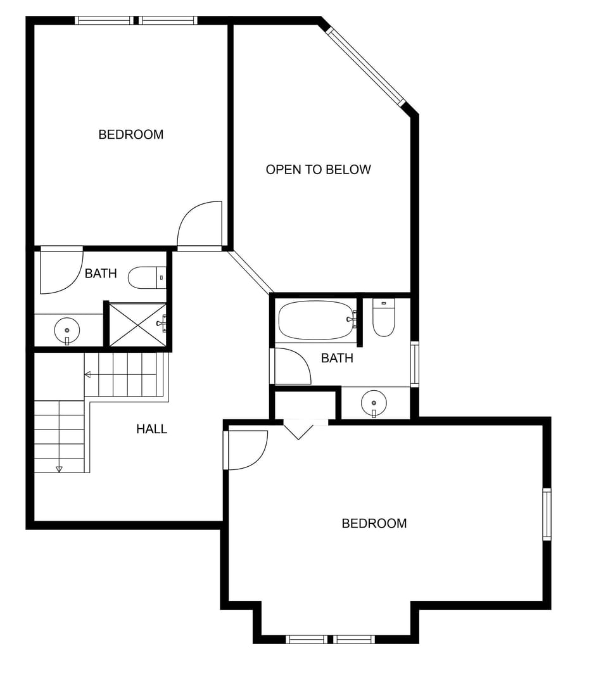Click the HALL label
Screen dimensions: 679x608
(151, 429)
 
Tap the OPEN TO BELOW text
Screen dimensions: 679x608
(318, 169)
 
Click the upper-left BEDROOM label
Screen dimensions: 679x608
(130, 134)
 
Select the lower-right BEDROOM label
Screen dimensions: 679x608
(374, 523)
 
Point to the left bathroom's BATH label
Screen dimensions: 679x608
(101, 274)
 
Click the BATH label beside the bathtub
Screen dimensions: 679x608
(337, 358)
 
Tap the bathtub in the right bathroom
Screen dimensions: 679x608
(315, 320)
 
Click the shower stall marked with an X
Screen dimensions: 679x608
(137, 325)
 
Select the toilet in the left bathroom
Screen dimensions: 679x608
(146, 277)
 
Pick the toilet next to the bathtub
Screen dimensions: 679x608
(384, 317)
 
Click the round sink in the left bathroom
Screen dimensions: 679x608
(66, 330)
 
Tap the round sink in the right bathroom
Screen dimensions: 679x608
(374, 402)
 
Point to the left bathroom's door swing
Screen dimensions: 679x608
(61, 272)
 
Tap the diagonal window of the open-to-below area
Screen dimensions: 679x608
(365, 67)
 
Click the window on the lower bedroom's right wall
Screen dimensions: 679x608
(547, 514)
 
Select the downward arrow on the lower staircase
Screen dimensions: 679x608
(59, 469)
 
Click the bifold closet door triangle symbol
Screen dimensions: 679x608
(298, 431)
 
